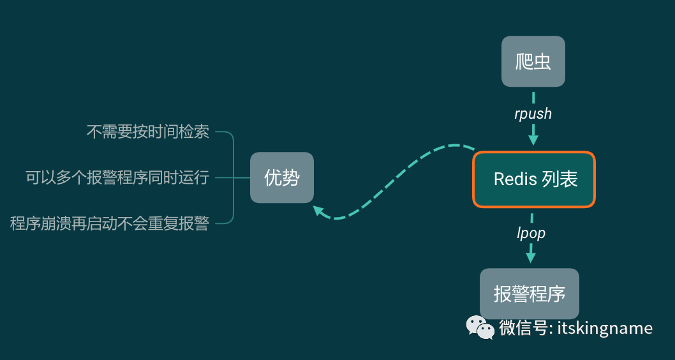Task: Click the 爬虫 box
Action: [533, 61]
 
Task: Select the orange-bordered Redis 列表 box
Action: [533, 179]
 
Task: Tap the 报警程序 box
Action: [529, 294]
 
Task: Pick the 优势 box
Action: [281, 177]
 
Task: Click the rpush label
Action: [533, 114]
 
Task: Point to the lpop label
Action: [531, 233]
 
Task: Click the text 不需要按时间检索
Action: [148, 132]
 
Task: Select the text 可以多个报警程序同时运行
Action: [117, 177]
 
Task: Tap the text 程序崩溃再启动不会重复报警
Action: [110, 223]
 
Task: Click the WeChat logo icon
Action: [480, 327]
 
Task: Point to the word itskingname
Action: [605, 328]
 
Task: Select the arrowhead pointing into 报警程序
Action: [530, 257]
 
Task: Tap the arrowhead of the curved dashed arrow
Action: [318, 211]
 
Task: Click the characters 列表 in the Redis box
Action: [560, 179]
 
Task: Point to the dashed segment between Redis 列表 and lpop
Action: [532, 216]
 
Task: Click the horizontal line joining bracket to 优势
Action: [242, 177]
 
